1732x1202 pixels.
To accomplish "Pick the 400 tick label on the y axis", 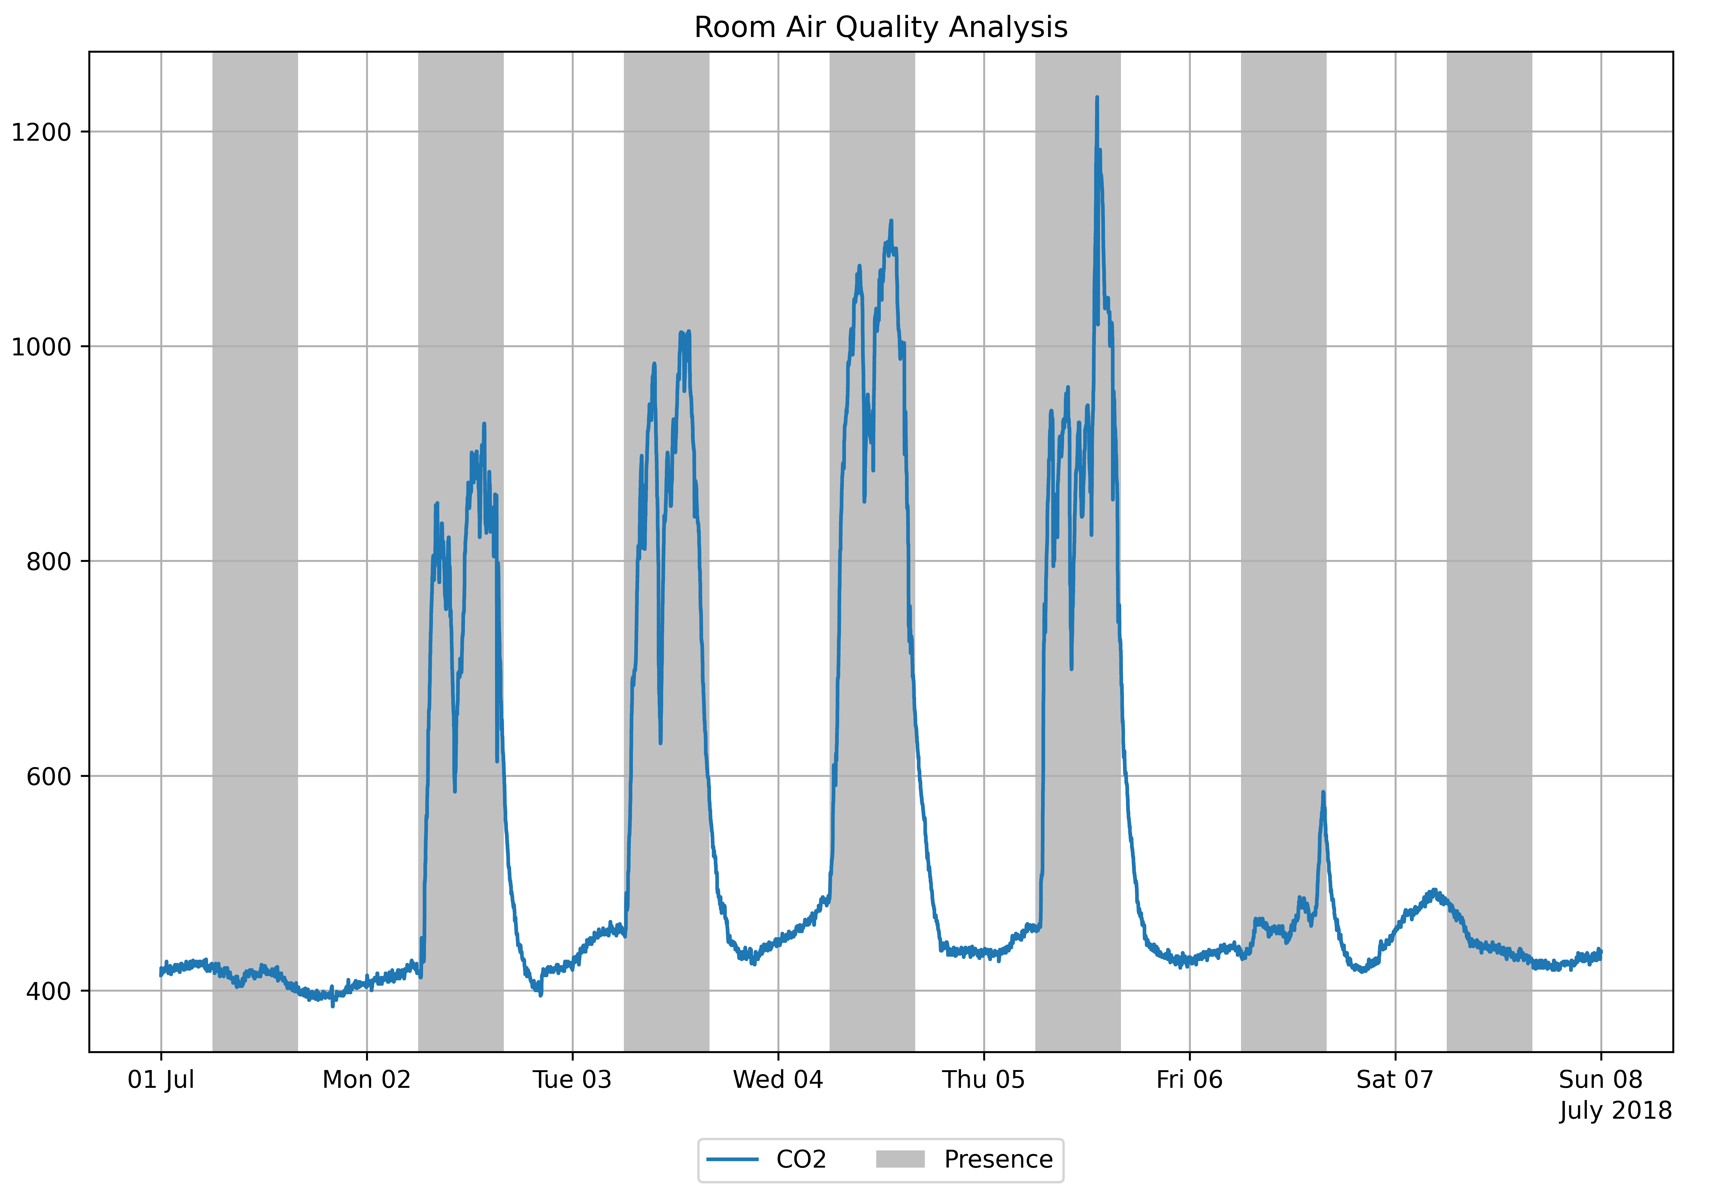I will tap(48, 991).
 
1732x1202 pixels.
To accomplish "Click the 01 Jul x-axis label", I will tap(161, 1079).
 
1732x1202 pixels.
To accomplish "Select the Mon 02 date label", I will tap(366, 1079).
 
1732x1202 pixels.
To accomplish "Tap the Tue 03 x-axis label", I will tap(572, 1079).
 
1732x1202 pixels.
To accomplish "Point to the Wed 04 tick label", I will tap(777, 1079).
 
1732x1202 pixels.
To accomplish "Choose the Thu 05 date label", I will tap(983, 1079).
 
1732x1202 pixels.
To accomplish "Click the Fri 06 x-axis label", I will tap(1189, 1079).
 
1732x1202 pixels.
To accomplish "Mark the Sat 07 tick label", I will tap(1395, 1079).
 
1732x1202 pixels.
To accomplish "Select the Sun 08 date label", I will tap(1600, 1079).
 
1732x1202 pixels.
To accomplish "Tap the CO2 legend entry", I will tap(801, 1159).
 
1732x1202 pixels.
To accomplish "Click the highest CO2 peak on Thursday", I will tap(1096, 98).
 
